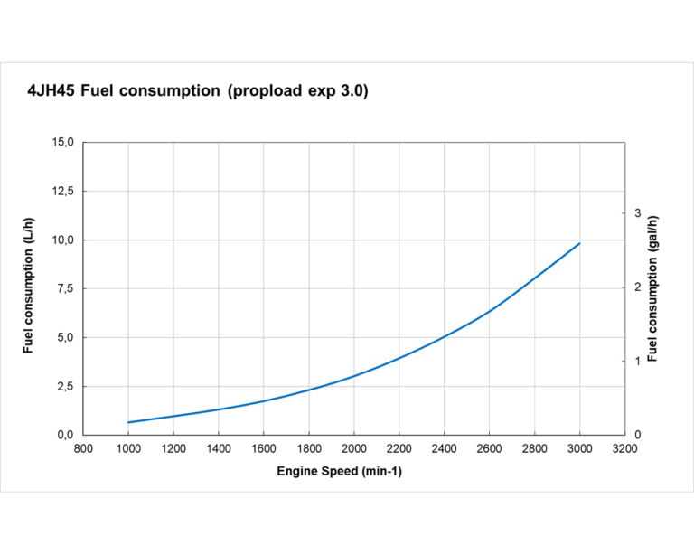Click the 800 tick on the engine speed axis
[x=83, y=448]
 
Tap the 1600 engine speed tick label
[x=264, y=448]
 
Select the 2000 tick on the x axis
[x=354, y=448]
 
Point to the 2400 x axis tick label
[x=445, y=448]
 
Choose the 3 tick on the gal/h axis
[x=637, y=213]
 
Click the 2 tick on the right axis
[x=637, y=287]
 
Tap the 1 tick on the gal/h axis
[x=637, y=362]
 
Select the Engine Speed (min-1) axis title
[x=339, y=472]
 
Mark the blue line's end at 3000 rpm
[x=579, y=243]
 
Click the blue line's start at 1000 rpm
[x=128, y=422]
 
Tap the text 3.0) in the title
[x=351, y=91]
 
